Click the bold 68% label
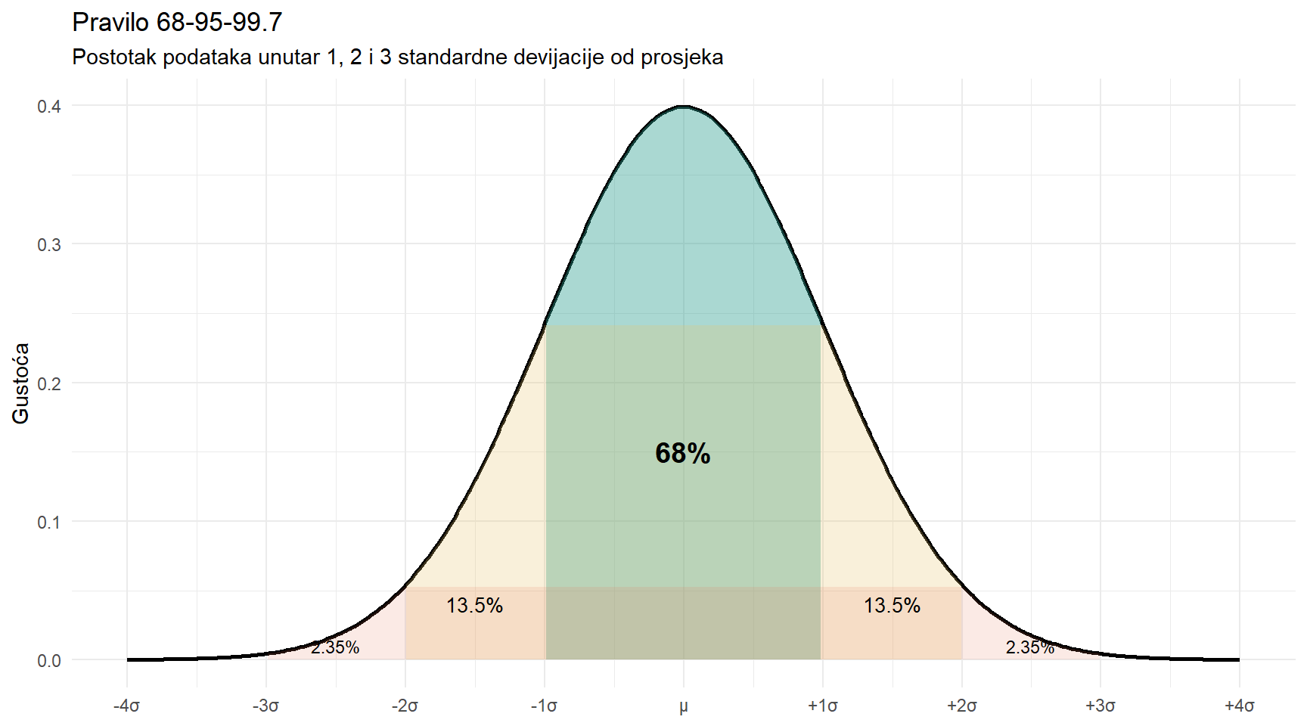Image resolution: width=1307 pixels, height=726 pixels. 682,453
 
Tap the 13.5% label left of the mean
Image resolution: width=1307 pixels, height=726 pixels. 474,605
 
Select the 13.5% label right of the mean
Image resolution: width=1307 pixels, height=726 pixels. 892,605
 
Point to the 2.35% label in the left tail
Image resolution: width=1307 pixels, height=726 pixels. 335,647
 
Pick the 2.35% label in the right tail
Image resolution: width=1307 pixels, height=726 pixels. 1029,647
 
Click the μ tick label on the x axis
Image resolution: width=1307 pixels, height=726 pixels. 684,706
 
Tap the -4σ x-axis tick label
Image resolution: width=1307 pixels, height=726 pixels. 127,706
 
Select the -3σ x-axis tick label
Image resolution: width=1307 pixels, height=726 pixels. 266,706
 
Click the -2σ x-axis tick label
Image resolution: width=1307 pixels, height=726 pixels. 405,706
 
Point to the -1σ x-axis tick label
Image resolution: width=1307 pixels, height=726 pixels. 545,706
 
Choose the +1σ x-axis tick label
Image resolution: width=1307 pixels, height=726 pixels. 822,706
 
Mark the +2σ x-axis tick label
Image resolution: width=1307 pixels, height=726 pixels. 961,706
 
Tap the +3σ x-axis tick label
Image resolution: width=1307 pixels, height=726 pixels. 1101,706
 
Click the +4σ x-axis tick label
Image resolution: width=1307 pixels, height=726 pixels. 1240,706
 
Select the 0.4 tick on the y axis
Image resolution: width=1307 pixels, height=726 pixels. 49,106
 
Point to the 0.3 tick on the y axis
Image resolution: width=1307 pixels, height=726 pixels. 49,244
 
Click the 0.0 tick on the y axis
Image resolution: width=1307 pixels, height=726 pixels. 49,661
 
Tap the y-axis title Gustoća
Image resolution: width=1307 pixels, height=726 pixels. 20,383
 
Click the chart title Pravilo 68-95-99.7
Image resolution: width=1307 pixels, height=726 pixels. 177,23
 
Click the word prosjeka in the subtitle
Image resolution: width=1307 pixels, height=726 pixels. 681,57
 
